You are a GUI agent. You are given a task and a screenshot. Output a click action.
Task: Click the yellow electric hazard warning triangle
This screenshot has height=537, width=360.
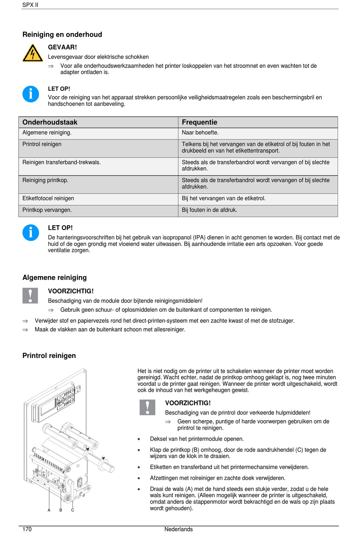click(33, 53)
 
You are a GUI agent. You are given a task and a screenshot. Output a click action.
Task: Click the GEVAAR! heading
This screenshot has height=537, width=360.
click(62, 47)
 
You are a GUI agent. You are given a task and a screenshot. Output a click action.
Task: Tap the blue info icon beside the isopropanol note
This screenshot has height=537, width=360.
click(31, 232)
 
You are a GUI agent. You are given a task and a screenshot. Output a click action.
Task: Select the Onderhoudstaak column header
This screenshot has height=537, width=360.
click(50, 122)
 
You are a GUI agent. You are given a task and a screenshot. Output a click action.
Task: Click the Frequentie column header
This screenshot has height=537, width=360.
click(199, 122)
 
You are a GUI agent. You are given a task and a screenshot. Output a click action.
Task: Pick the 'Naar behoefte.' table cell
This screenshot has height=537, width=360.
click(200, 133)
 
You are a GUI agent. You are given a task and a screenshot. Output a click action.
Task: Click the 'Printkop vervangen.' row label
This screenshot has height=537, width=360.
click(47, 210)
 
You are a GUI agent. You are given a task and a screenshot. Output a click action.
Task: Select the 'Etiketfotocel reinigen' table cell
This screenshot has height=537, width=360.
click(48, 198)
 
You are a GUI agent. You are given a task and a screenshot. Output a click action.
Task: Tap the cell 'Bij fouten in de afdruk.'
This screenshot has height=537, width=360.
click(209, 210)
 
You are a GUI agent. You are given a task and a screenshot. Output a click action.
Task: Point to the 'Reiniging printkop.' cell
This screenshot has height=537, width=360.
click(45, 180)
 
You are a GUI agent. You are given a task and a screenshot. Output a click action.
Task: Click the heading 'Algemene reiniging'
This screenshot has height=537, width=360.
click(55, 278)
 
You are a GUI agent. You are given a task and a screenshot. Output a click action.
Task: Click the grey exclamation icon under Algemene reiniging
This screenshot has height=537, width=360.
click(30, 295)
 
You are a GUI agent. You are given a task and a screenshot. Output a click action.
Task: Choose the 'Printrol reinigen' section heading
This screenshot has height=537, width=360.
click(49, 356)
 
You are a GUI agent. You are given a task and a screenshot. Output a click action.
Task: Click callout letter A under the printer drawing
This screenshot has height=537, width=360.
click(49, 510)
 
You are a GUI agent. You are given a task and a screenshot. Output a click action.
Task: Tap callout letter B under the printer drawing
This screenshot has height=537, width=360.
click(61, 510)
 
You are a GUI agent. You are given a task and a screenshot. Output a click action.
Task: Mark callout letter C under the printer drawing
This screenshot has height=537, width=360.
click(73, 510)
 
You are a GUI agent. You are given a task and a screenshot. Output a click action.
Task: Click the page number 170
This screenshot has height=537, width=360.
click(27, 529)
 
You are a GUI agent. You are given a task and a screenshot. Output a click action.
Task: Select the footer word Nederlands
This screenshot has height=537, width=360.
click(178, 529)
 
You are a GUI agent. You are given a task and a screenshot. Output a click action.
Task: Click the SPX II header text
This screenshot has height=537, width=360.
click(30, 5)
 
